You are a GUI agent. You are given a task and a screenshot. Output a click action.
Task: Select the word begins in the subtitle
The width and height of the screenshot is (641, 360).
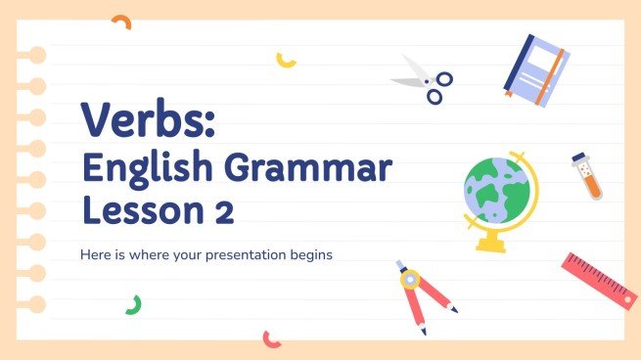313,255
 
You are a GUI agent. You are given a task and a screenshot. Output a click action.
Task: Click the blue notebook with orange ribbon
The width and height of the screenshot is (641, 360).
534,69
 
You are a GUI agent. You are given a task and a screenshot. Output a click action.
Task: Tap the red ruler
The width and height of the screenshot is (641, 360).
600,280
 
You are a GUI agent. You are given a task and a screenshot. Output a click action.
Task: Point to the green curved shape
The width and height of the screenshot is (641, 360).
133,304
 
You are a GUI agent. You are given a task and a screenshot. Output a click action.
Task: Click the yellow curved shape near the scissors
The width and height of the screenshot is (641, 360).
286,60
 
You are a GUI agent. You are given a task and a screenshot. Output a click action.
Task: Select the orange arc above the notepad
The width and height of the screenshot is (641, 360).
121,21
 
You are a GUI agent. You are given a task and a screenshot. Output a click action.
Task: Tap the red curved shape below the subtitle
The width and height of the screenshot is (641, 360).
271,338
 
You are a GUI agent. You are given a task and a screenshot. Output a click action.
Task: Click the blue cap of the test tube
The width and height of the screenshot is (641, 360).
579,158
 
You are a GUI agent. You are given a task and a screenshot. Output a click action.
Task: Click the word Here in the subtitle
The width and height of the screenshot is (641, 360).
95,255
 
